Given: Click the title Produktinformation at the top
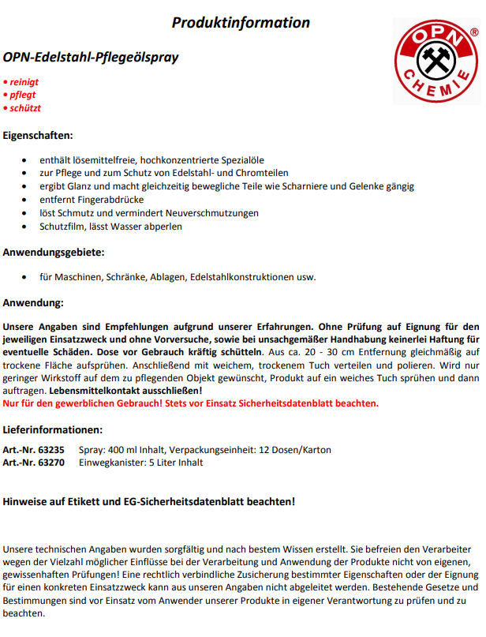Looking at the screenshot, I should (x=241, y=22).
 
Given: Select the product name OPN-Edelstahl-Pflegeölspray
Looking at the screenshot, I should (x=91, y=58).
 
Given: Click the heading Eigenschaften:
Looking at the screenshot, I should (x=38, y=135).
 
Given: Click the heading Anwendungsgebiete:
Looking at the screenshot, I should (x=54, y=253).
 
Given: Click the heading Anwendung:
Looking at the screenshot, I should (x=34, y=302).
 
